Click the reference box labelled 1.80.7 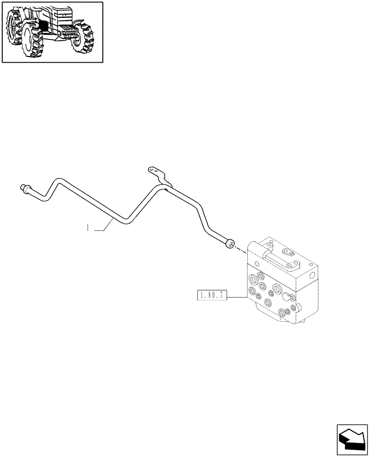[211, 296]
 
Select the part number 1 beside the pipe [87, 228]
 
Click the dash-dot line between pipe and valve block [241, 249]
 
